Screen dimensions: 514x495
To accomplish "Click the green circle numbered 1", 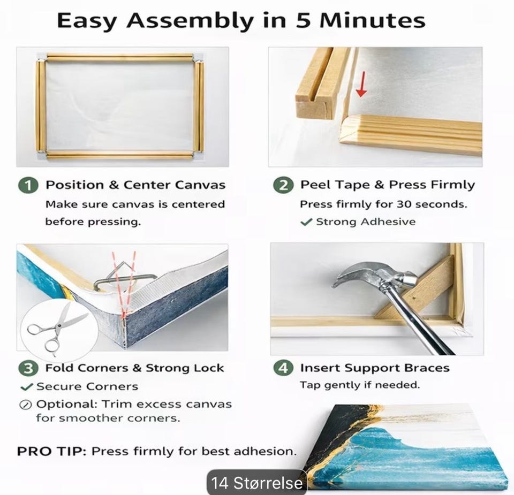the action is click(x=28, y=185).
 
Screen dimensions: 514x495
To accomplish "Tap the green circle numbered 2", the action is click(x=283, y=185).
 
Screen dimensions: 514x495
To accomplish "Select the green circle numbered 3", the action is click(x=28, y=368).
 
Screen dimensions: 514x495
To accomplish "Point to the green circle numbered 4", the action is click(x=283, y=368).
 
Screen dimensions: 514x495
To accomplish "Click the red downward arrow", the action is click(x=361, y=85).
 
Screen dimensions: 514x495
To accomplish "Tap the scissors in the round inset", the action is click(x=57, y=328).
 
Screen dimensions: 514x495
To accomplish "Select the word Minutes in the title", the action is click(x=373, y=21).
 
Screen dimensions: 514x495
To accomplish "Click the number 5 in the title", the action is click(x=304, y=21).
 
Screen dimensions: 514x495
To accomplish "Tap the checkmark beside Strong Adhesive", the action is click(x=306, y=222).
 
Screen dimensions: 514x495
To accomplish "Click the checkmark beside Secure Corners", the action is click(x=27, y=387).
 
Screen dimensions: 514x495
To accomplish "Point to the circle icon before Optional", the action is click(x=25, y=405).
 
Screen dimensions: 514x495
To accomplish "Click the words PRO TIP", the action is click(x=51, y=452).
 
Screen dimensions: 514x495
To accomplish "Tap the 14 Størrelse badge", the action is click(x=256, y=483).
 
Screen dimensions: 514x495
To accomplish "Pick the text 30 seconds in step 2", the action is click(x=432, y=204).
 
